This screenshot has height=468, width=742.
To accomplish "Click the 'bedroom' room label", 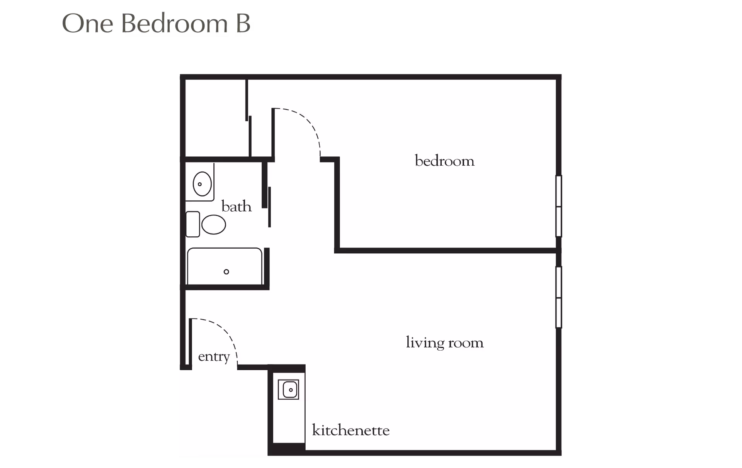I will [x=444, y=161].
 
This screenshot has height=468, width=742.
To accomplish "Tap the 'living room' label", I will [x=444, y=343].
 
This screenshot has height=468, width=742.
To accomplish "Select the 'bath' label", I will [x=237, y=207].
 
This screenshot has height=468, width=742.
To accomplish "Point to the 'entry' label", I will [x=214, y=356].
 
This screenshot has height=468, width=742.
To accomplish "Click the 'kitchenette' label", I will [x=351, y=430].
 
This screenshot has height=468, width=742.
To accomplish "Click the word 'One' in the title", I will [x=87, y=24].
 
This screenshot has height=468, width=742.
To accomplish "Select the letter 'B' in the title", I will [x=242, y=24].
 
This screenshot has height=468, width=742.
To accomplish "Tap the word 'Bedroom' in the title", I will [x=175, y=24].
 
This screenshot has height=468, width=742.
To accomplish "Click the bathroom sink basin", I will [x=202, y=184].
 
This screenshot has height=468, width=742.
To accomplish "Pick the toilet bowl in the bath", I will [x=214, y=225].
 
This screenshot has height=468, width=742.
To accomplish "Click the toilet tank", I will [x=193, y=224].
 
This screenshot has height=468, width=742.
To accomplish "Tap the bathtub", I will [x=225, y=266].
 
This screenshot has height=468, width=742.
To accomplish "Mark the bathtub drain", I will [x=226, y=272].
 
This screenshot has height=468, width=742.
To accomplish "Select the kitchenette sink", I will [x=288, y=390].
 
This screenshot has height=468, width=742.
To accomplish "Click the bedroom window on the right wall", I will [x=558, y=206].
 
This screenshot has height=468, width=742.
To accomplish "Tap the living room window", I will [x=558, y=297].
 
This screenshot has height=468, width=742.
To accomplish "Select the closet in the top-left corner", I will [x=216, y=118].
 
